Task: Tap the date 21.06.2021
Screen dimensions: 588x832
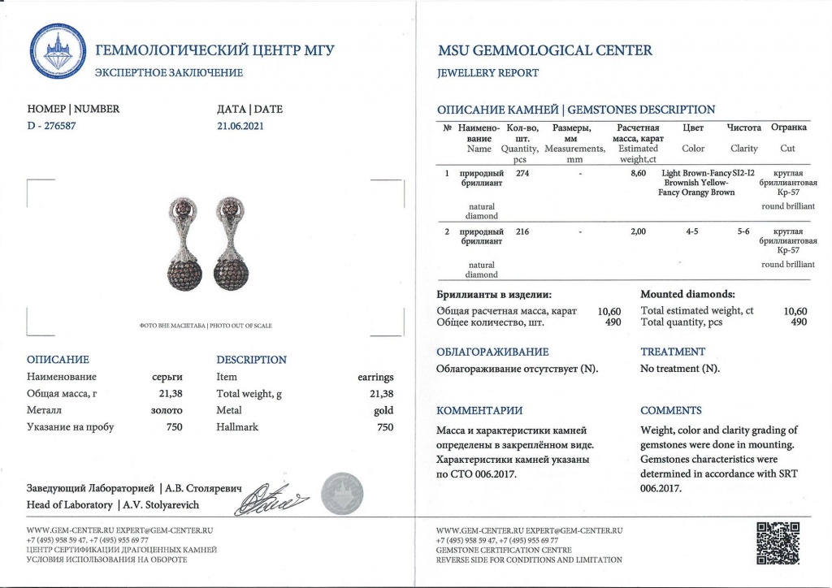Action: pyautogui.click(x=240, y=126)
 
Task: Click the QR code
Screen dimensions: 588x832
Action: pyautogui.click(x=780, y=543)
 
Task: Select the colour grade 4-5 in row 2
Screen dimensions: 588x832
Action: pyautogui.click(x=692, y=232)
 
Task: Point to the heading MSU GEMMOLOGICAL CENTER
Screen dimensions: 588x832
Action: pyautogui.click(x=544, y=50)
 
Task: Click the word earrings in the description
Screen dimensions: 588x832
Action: pyautogui.click(x=375, y=377)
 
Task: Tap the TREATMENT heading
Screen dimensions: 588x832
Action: pyautogui.click(x=673, y=352)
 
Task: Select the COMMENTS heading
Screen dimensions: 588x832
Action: pyautogui.click(x=671, y=410)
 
